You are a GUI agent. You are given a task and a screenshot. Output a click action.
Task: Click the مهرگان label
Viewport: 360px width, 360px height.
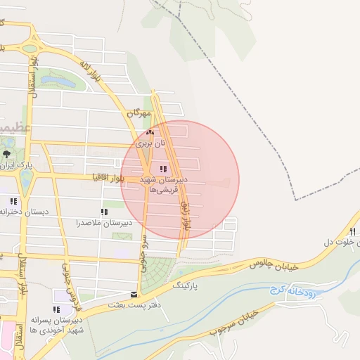pyautogui.click(x=139, y=113)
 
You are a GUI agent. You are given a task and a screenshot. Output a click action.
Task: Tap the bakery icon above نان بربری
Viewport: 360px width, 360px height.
pyautogui.click(x=148, y=132)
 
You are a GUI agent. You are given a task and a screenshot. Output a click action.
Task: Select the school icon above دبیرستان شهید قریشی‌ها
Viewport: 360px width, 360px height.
pyautogui.click(x=164, y=169)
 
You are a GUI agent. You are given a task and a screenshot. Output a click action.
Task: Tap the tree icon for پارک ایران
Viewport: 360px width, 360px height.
pyautogui.click(x=6, y=154)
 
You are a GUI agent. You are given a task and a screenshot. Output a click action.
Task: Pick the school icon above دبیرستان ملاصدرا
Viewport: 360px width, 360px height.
pyautogui.click(x=104, y=212)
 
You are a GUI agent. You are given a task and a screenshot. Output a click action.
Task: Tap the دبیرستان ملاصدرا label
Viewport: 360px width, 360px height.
pyautogui.click(x=105, y=223)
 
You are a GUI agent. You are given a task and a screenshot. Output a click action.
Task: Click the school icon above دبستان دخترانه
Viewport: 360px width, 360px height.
pyautogui.click(x=13, y=201)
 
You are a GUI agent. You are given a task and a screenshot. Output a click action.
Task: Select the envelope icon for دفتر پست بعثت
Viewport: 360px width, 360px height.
pyautogui.click(x=134, y=295)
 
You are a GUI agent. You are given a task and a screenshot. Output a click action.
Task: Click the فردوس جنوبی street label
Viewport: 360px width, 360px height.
pyautogui.click(x=68, y=288)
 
